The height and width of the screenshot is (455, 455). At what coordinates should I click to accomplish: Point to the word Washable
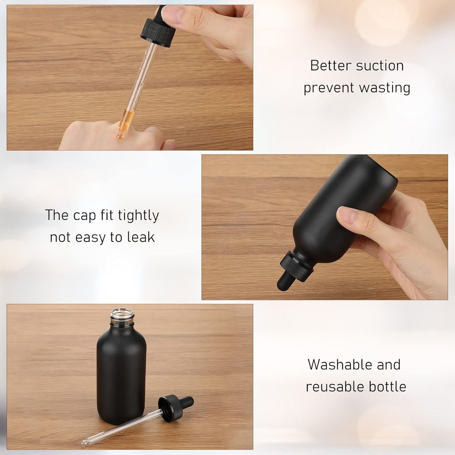pos(336,365)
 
